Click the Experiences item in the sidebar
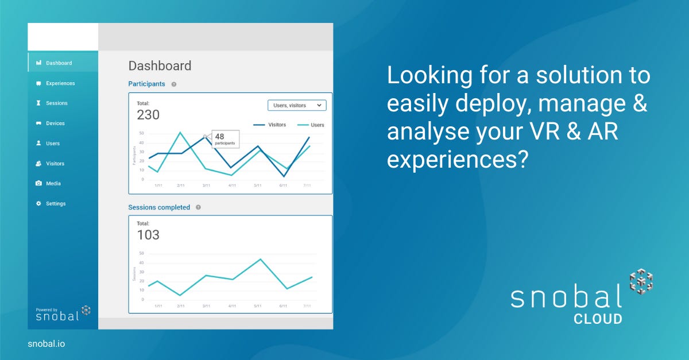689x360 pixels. [x=55, y=83]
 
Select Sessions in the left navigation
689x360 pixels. [x=52, y=103]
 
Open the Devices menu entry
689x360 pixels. [x=50, y=123]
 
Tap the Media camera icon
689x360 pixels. [x=38, y=183]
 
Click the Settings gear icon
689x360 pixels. [x=38, y=203]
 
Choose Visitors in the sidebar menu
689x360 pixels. [x=50, y=164]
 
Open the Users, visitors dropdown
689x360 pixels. [x=297, y=105]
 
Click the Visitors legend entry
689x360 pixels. [x=269, y=125]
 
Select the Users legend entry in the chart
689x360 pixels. [x=311, y=125]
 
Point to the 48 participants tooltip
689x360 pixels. [x=226, y=139]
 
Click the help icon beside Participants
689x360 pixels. [x=174, y=84]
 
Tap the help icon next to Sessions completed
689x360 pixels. [x=199, y=207]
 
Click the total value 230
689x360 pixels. [x=148, y=115]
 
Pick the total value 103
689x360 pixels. [x=148, y=235]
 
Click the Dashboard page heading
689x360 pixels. [x=160, y=66]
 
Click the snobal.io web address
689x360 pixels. [x=47, y=344]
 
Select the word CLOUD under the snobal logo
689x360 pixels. [x=598, y=319]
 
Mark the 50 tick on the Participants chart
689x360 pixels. [x=141, y=133]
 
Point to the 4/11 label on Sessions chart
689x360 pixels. [x=232, y=306]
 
